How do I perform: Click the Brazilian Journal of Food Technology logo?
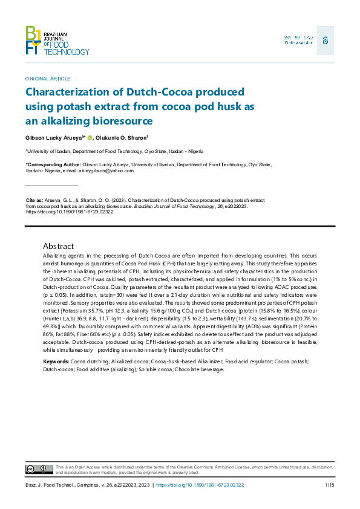[57, 41]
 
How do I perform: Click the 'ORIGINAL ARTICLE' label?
[48, 79]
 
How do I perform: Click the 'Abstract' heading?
[58, 246]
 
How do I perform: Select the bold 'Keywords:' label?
[56, 361]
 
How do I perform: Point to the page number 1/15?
[330, 485]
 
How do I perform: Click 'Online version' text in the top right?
[298, 42]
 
